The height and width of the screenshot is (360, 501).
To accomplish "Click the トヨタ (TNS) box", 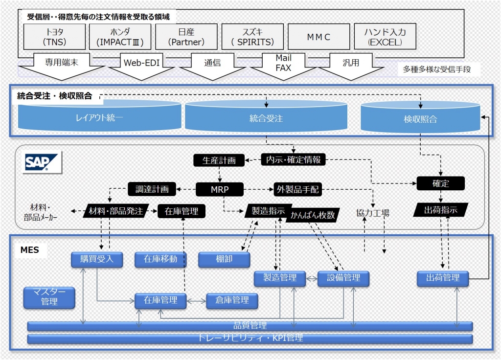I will (55, 37).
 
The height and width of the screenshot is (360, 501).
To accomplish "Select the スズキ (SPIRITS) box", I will (252, 37).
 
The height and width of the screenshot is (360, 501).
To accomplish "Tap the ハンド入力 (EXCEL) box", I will (384, 37).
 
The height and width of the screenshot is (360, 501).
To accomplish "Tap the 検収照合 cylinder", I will (420, 119).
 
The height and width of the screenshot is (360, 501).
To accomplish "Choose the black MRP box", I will (220, 189).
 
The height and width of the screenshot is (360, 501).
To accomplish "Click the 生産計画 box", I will (219, 160).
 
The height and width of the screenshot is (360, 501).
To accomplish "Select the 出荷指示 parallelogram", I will (440, 210).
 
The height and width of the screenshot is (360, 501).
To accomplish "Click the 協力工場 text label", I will (373, 213).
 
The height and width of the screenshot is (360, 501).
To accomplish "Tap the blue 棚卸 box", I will (224, 259).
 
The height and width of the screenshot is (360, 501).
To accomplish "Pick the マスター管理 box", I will (49, 297).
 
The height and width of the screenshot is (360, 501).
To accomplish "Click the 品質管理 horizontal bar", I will (250, 326).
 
